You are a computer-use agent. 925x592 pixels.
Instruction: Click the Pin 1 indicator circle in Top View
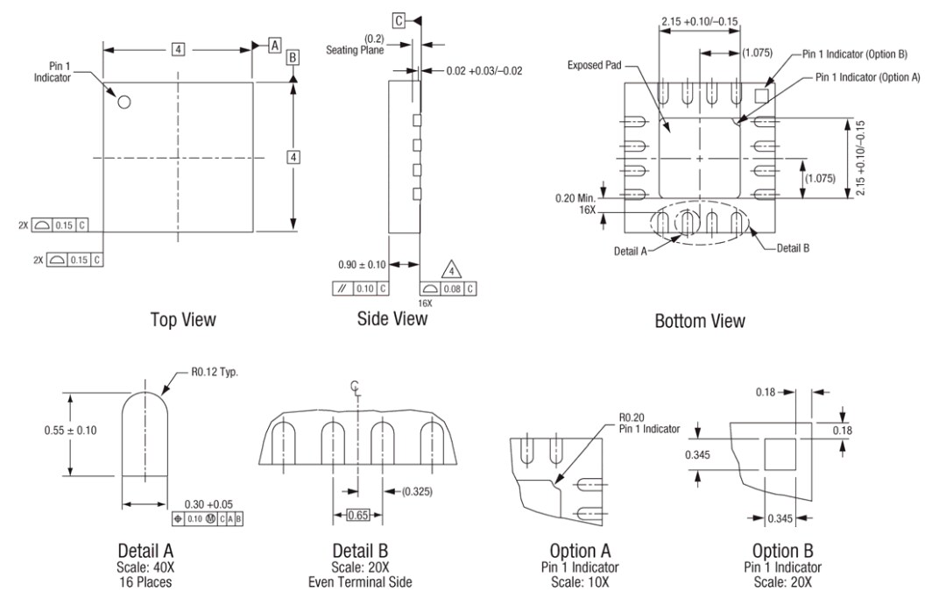coord(124,102)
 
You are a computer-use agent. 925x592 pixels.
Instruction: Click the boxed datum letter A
coord(274,45)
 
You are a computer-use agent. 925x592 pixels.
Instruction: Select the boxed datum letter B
coord(293,57)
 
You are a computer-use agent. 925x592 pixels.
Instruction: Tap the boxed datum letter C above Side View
coord(399,19)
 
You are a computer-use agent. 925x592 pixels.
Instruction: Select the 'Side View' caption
coord(392,318)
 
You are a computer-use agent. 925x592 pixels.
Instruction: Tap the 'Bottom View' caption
coord(700,321)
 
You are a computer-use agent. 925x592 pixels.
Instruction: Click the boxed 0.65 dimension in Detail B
coord(357,514)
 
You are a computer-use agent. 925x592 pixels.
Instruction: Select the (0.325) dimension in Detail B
coord(418,489)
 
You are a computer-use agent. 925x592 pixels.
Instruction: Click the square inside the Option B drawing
coord(780,455)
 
